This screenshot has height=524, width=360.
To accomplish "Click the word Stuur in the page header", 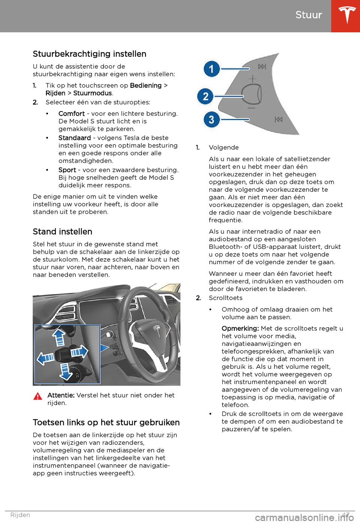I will tap(309, 15).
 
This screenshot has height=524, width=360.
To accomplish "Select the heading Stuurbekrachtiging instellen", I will tap(90, 54).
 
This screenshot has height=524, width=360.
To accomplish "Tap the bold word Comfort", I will tap(72, 114).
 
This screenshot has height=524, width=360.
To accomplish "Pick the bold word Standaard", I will tap(75, 138).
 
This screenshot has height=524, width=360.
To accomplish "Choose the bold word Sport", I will tap(67, 170).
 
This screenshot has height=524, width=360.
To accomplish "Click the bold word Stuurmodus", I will tap(93, 93).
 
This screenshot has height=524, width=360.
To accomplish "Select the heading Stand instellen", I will tap(63, 232).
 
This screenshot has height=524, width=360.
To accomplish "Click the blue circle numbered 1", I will tap(211, 69).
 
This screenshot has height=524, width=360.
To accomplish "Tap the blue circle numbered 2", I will tap(205, 96).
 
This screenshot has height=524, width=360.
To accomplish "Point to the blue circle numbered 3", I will tap(211, 120).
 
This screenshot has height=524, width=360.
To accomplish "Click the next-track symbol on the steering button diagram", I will tap(262, 67).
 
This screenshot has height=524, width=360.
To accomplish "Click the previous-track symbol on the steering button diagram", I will tap(279, 119).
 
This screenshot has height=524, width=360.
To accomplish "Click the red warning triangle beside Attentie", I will tap(38, 396).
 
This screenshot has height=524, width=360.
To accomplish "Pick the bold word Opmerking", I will tap(240, 328).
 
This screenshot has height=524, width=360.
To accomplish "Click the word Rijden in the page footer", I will tap(20, 515).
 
